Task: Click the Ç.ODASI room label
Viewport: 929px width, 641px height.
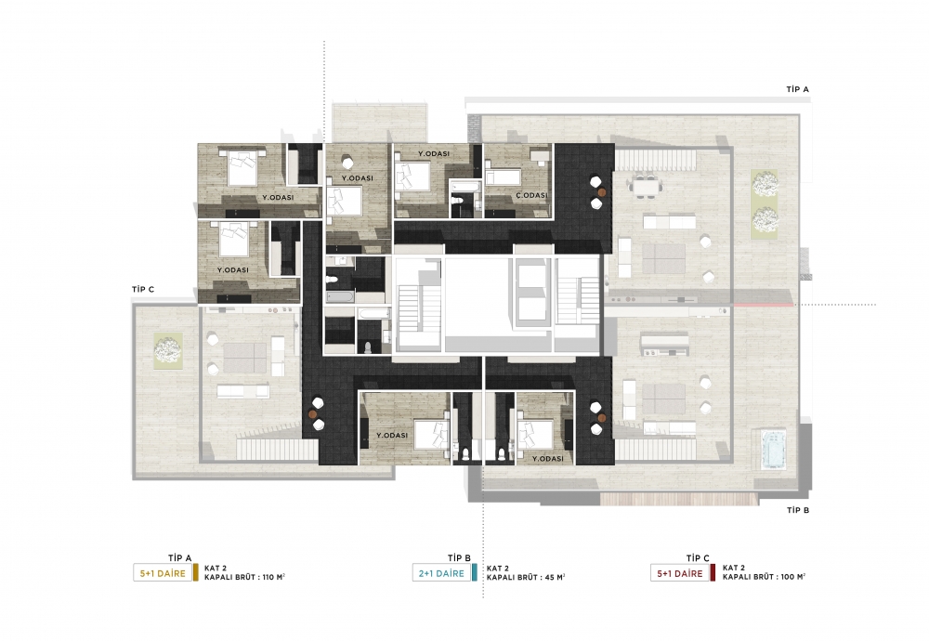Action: (x=530, y=195)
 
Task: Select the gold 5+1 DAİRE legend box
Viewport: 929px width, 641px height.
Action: (x=163, y=573)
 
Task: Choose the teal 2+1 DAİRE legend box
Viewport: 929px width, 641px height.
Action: (x=442, y=573)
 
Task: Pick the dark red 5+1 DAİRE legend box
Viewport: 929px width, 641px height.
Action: (x=680, y=573)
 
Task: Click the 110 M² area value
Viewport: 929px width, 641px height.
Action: (x=274, y=577)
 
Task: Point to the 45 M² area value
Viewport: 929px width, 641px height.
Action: (x=555, y=577)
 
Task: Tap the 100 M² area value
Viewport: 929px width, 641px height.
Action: (x=793, y=577)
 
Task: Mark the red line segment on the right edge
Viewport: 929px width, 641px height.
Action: (x=764, y=305)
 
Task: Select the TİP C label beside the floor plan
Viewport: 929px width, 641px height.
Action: (x=143, y=289)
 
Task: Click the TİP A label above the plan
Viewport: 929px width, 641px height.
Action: (x=797, y=89)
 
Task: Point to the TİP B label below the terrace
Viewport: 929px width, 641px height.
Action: (x=798, y=510)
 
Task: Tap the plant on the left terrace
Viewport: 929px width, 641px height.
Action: (x=168, y=351)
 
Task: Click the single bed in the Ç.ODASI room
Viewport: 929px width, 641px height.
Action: (x=503, y=177)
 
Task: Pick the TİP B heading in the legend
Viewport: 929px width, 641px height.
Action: (x=459, y=558)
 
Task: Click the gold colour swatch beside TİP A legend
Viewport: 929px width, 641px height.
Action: (x=196, y=573)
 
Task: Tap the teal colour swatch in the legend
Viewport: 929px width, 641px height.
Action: (x=475, y=573)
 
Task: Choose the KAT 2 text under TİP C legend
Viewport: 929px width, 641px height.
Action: (x=734, y=568)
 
